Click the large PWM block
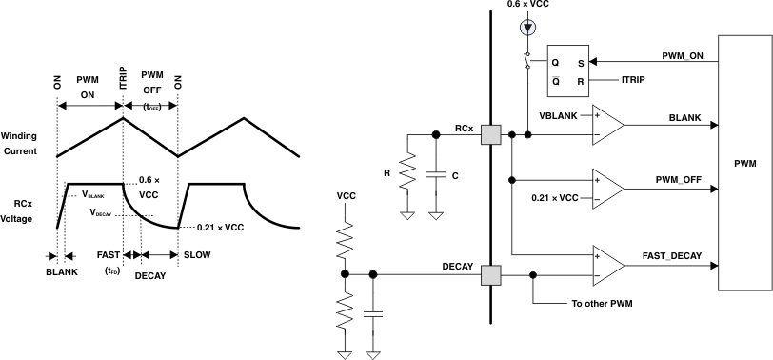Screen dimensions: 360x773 pos(745,163)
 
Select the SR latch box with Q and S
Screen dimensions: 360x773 pos(567,69)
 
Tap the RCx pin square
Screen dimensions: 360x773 pos(490,135)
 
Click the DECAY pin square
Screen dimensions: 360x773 pos(490,276)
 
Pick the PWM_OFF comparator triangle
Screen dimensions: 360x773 pos(606,188)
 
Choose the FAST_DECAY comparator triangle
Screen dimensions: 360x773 pos(606,266)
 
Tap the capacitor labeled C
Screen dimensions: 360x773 pos(436,174)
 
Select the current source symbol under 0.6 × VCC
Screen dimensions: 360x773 pos(526,28)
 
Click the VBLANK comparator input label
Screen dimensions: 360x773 pos(559,114)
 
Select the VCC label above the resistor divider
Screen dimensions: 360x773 pos(346,195)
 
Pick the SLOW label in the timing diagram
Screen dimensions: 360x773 pos(197,255)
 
